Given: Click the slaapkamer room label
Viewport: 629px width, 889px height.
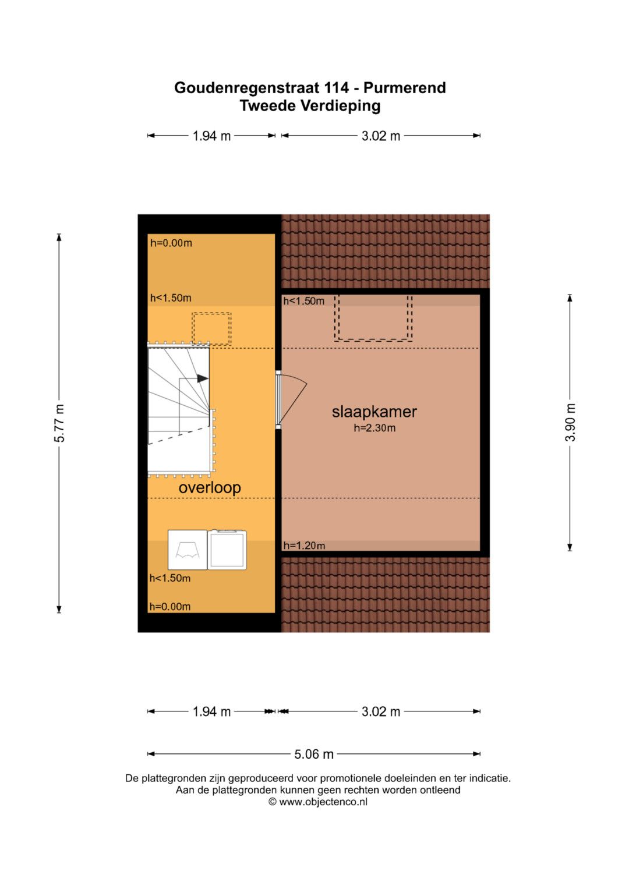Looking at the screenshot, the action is [x=374, y=412].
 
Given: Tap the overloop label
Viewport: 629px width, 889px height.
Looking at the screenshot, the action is [x=210, y=488].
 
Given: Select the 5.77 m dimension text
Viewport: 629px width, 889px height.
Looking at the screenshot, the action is [x=59, y=423].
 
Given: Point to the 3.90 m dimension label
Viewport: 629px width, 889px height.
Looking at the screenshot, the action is [x=570, y=422].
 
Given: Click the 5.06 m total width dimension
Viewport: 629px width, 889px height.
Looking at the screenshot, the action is [x=314, y=754].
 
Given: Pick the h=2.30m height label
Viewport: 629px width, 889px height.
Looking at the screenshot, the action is [x=374, y=428].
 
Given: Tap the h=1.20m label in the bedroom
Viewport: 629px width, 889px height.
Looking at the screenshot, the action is [x=304, y=546].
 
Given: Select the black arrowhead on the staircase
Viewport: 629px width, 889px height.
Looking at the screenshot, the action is [x=203, y=378].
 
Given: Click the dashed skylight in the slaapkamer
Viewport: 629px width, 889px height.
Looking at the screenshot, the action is [x=373, y=318].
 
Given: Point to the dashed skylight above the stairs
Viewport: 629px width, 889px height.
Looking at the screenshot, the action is [x=211, y=328].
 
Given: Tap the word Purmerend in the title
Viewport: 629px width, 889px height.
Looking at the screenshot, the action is [x=405, y=88].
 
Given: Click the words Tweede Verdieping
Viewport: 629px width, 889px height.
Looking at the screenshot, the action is [x=310, y=106].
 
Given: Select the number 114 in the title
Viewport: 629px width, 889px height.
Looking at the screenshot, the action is [x=337, y=88].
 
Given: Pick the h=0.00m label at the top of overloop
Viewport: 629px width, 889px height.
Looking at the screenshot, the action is [x=171, y=243].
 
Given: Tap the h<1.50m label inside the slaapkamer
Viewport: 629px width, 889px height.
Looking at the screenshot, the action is [x=304, y=301].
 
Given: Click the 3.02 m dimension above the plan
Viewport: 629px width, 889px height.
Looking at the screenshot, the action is [x=380, y=136].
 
